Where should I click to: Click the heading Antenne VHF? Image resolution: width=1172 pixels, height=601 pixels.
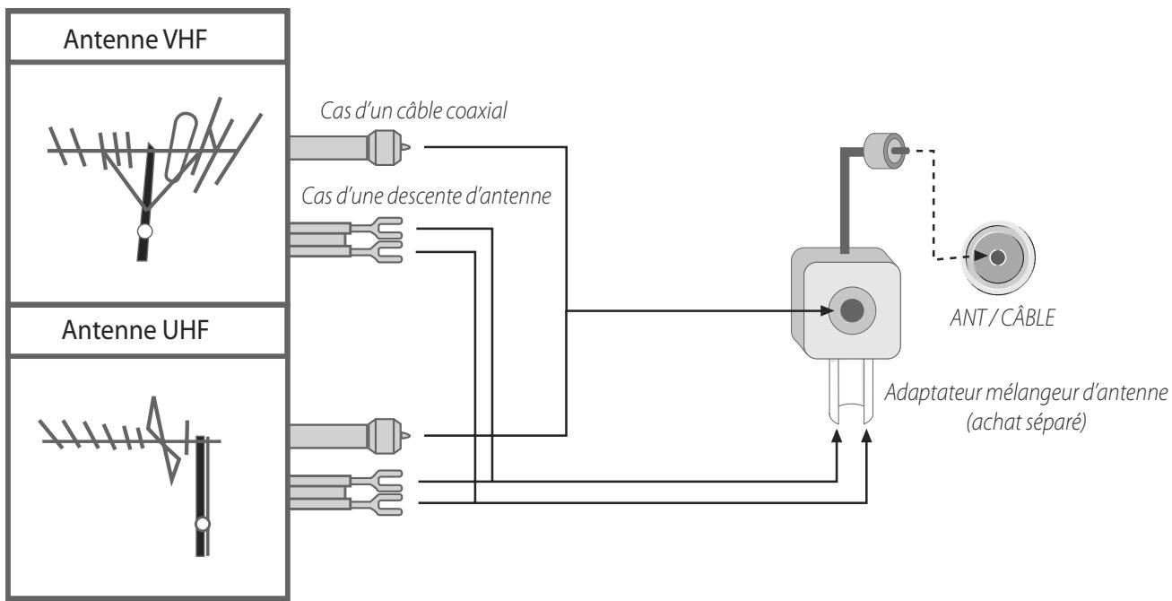(135, 39)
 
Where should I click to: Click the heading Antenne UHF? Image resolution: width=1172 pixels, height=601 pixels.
(135, 330)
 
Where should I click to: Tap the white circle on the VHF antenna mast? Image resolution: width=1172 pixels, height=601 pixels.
(145, 231)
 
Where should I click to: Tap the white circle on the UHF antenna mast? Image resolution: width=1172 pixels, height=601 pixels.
(203, 524)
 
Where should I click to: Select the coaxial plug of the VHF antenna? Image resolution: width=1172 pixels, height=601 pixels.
(388, 148)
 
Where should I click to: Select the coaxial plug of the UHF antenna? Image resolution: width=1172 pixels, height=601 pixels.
(388, 436)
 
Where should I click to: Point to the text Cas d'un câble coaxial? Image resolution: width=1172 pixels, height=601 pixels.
(413, 110)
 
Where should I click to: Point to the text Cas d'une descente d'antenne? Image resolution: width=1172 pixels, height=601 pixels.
(426, 196)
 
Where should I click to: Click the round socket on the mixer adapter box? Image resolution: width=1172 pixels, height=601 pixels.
(852, 310)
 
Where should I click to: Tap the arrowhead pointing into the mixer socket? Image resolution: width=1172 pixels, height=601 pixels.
(827, 310)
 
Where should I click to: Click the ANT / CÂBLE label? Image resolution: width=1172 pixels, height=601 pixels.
(1002, 318)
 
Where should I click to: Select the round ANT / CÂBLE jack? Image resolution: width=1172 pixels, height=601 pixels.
(998, 257)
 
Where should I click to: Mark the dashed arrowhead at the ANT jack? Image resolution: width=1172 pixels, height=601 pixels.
(980, 256)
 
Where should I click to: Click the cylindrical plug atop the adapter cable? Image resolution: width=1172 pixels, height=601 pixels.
(884, 151)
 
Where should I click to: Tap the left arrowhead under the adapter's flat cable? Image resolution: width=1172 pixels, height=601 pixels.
(837, 437)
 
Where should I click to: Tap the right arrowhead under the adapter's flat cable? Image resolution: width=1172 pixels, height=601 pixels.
(866, 437)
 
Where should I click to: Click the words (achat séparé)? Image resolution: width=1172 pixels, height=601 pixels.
(1026, 422)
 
